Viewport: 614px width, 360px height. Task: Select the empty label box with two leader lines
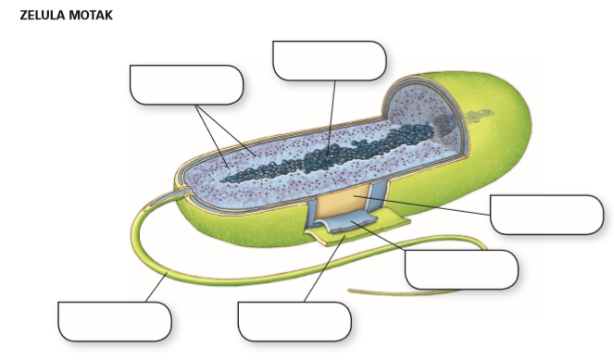tap(186, 84)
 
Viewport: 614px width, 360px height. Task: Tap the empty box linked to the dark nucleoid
tap(329, 60)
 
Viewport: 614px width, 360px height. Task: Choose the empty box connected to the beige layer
tap(546, 215)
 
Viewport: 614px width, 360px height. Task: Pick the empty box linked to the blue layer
tap(461, 269)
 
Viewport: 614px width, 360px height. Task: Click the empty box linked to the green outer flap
tap(294, 321)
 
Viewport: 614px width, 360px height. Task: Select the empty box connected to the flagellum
tap(114, 321)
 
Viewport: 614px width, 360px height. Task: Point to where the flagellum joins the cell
tap(186, 192)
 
